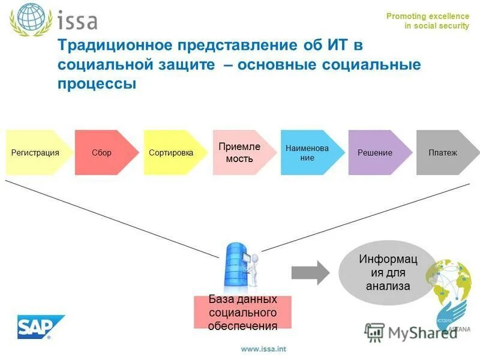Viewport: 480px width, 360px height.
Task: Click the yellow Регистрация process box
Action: [x=35, y=152]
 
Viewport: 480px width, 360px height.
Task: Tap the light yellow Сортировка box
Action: [x=171, y=152]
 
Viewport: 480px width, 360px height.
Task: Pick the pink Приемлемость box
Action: [x=239, y=152]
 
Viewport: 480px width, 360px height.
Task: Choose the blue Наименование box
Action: [x=307, y=152]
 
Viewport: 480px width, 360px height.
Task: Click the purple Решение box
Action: [x=375, y=152]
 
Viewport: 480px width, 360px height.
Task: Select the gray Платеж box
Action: [x=443, y=152]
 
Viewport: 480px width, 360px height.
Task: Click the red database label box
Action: [x=242, y=312]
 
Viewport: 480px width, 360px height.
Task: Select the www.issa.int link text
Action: [x=263, y=349]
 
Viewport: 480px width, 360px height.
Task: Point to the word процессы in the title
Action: [x=97, y=83]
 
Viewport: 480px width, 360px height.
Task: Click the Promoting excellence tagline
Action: [x=427, y=16]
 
